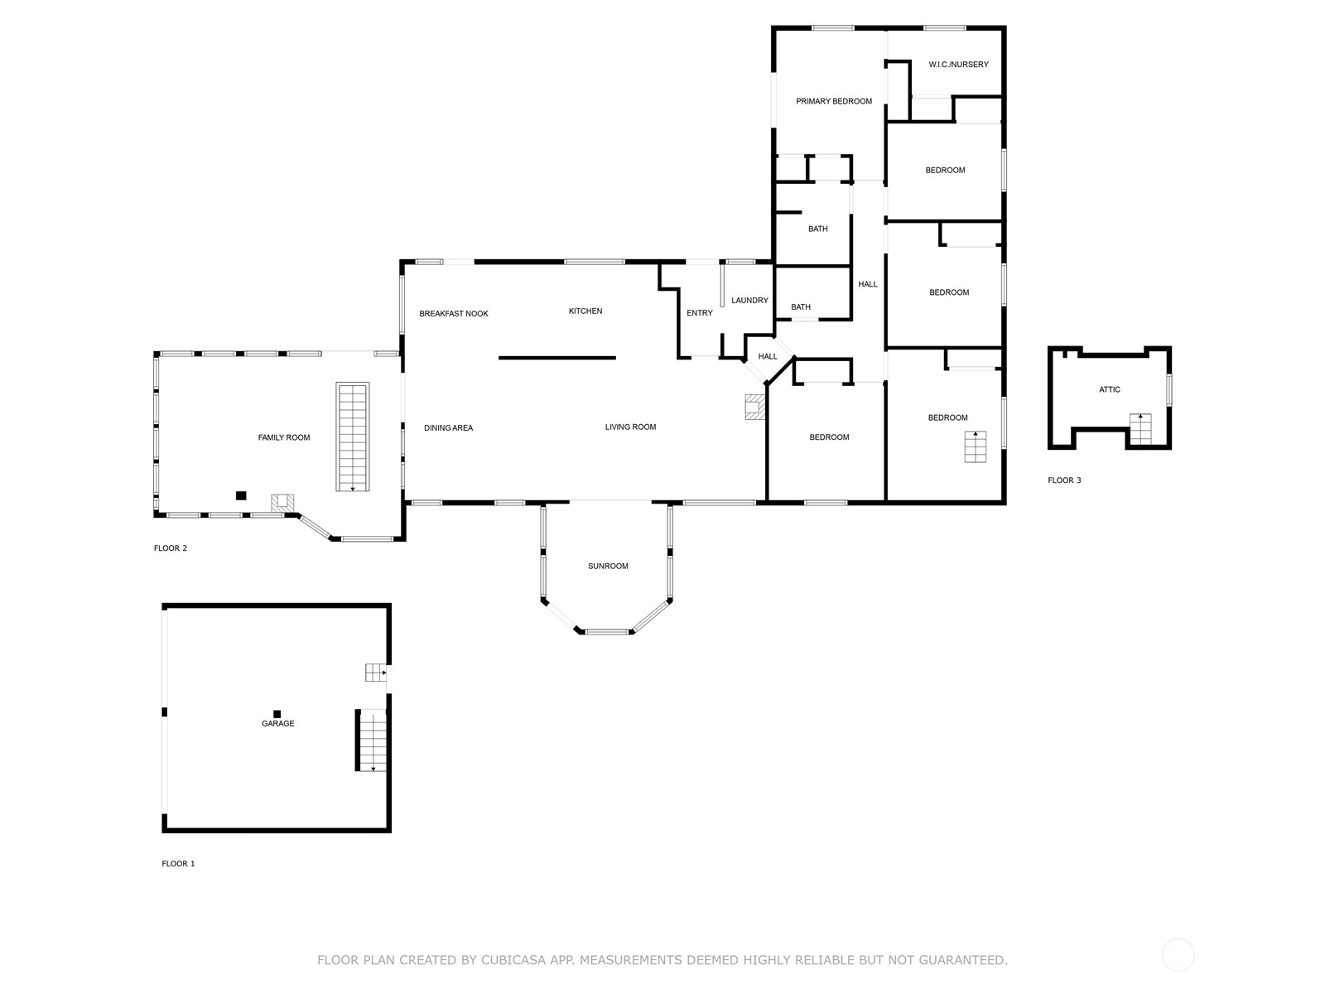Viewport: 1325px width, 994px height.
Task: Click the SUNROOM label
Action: tap(608, 566)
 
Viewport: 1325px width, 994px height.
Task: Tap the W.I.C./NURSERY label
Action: tap(959, 65)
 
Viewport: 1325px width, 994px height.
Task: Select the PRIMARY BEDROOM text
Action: tap(834, 101)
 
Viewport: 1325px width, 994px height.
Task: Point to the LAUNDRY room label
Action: tap(749, 301)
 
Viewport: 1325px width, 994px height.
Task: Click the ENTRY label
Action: tap(700, 313)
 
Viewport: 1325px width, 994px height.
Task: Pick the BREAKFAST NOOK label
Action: tap(454, 314)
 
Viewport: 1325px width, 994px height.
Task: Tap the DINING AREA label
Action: tap(449, 428)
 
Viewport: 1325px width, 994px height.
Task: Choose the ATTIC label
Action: tap(1110, 390)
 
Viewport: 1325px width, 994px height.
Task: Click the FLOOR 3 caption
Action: tap(1064, 480)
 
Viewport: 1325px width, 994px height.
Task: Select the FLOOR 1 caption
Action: tap(178, 864)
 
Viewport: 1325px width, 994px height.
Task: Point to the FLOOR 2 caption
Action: tap(171, 548)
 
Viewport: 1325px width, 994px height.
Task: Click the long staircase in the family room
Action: tap(353, 437)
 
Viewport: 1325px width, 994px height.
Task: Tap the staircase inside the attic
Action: tap(1140, 429)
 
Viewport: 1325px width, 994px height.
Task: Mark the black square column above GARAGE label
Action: tap(277, 714)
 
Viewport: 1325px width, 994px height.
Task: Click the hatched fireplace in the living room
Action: tap(754, 407)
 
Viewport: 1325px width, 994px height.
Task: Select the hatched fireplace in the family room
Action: tap(282, 504)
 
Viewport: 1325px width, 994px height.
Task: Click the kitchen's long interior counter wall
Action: tap(557, 358)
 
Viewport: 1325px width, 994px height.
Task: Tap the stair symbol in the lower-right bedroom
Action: tap(976, 446)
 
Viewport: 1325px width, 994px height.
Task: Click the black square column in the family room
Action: tap(241, 495)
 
